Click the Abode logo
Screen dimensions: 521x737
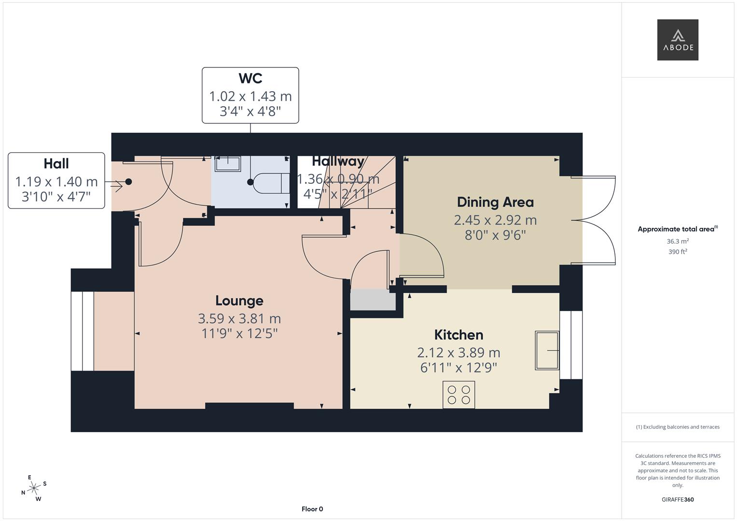(x=677, y=40)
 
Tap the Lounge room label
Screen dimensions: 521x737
(x=239, y=301)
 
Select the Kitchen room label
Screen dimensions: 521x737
(x=459, y=335)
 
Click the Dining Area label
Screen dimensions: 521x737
(x=495, y=202)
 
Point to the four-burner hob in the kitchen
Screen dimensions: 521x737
(x=459, y=394)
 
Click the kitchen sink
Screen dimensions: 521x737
(x=547, y=350)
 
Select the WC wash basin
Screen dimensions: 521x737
(x=227, y=164)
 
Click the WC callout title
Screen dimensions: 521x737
(x=250, y=78)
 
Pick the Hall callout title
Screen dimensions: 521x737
(x=56, y=164)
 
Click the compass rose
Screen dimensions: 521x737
(x=34, y=488)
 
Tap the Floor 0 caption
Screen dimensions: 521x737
(x=312, y=509)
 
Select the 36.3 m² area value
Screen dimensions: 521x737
(x=678, y=241)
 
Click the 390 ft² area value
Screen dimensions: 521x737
(x=678, y=252)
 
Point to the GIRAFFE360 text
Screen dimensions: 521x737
(x=677, y=500)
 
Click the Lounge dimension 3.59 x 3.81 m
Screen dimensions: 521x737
(x=239, y=318)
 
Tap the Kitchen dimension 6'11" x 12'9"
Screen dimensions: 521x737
(x=459, y=368)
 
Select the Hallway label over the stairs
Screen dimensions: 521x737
(x=338, y=161)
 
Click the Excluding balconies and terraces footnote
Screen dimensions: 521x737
(x=678, y=427)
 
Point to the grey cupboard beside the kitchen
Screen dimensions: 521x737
(x=372, y=300)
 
